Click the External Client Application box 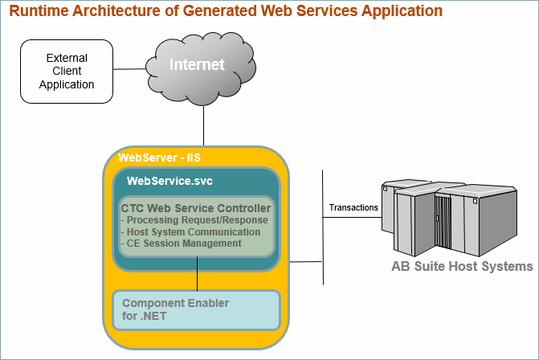pos(67,72)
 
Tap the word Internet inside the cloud pos(197,64)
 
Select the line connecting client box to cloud pos(129,69)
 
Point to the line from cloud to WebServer pos(203,126)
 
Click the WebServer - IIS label pos(159,157)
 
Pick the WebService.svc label pos(169,181)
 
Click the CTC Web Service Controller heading pos(196,208)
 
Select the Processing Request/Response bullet pos(194,220)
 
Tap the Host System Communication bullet pos(191,232)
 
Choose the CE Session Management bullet pos(182,243)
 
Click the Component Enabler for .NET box pos(197,310)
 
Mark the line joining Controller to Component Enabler pos(197,274)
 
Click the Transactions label pos(353,207)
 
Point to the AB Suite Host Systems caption pos(462,266)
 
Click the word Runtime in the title pos(39,10)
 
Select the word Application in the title pos(402,11)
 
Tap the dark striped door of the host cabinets pos(443,222)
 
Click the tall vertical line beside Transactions pos(323,227)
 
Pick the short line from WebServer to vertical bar pos(306,262)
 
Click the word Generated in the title pos(220,10)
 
